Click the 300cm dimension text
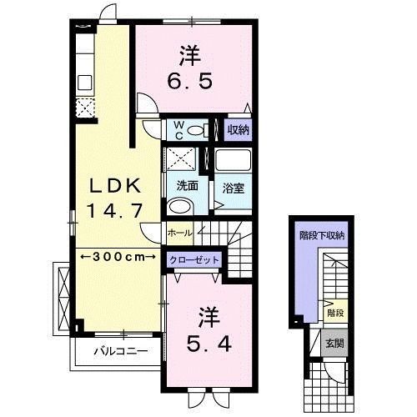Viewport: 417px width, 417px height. click(117, 256)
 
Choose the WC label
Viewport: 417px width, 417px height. click(178, 129)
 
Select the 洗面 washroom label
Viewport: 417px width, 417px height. click(185, 185)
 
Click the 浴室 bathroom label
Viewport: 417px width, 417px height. click(233, 188)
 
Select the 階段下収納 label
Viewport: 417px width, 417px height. click(322, 235)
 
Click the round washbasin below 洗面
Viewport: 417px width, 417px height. click(178, 206)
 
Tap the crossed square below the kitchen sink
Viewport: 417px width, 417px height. click(85, 107)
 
